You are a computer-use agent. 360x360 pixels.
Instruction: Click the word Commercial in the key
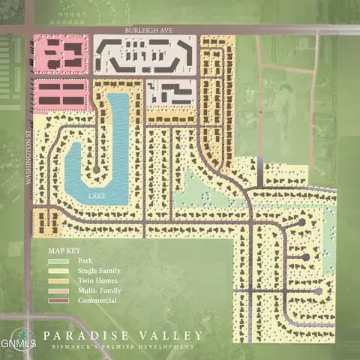97,301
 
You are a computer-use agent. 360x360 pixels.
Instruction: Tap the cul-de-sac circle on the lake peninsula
96,172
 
